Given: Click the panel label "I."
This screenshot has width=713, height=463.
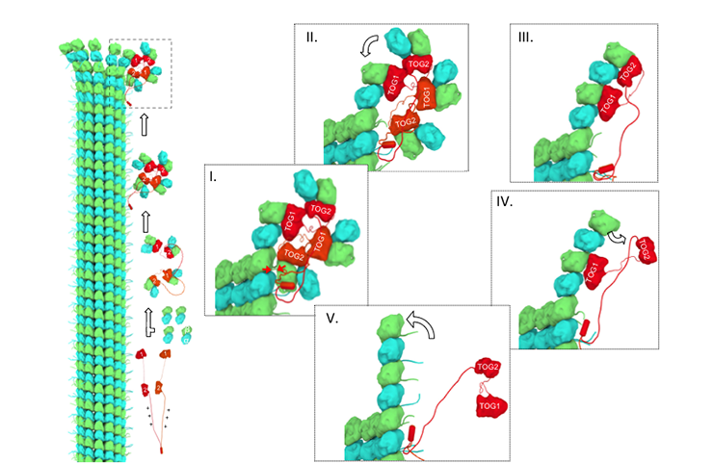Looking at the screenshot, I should (x=216, y=177).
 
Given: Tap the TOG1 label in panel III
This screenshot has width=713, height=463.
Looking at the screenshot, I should (x=608, y=105).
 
